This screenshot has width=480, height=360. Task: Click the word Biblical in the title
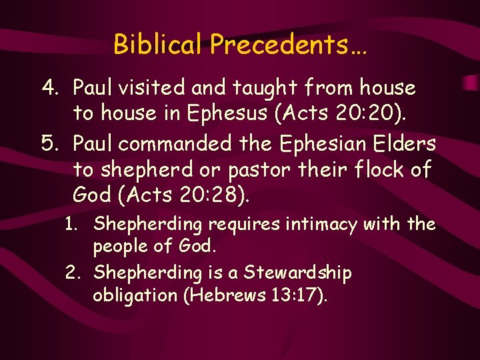pos(158,45)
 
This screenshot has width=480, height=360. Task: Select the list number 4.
pos(49,87)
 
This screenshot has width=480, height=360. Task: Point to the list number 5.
pos(49,143)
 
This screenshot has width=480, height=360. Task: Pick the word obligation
pos(135,295)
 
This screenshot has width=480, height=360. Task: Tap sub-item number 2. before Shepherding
pos(77,272)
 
